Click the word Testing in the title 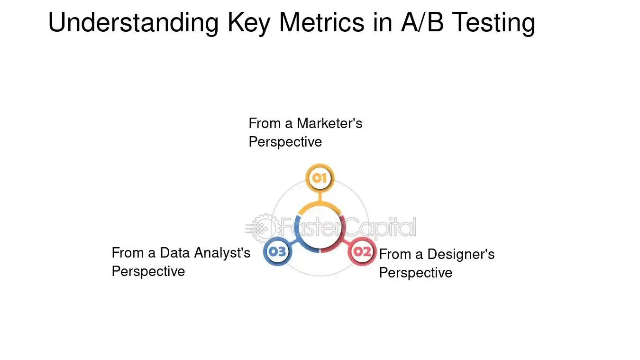point(493,23)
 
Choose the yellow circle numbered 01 point(320,178)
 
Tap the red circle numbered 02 point(362,252)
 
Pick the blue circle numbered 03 point(277,252)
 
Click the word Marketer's point(329,123)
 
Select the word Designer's point(461,255)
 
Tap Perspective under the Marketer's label point(285,142)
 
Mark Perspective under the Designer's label point(415,273)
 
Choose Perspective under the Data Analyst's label point(148,271)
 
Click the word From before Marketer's point(264,123)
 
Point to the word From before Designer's point(394,255)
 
